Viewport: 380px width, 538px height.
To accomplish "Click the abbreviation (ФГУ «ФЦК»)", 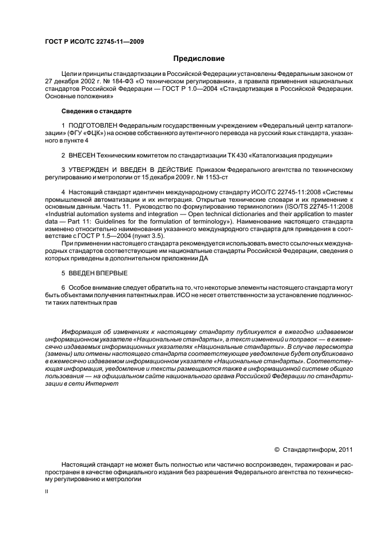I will pos(84,132).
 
